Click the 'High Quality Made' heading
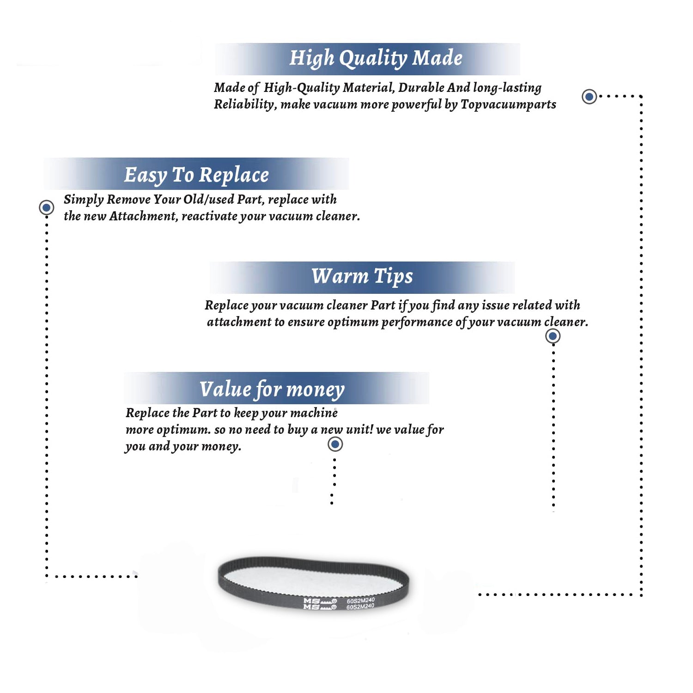(x=376, y=59)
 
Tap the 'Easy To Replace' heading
(x=196, y=175)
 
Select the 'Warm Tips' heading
(x=362, y=276)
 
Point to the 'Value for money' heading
(x=272, y=389)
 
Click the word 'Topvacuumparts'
(x=508, y=104)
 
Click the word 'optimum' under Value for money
(x=183, y=430)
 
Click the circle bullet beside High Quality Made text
(x=589, y=97)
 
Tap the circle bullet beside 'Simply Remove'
(x=46, y=207)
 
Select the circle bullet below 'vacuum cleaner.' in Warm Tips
(x=553, y=336)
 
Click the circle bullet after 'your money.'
(x=335, y=444)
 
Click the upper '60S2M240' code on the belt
(x=361, y=600)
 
